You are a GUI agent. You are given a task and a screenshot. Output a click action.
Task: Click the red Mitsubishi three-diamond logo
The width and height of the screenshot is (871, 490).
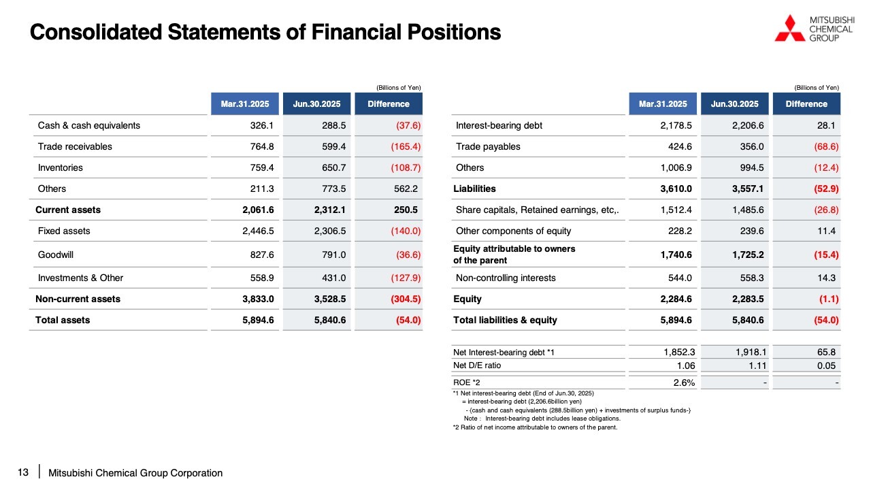pyautogui.click(x=790, y=28)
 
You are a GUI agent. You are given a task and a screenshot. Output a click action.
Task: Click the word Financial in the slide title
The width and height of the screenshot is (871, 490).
pyautogui.click(x=356, y=32)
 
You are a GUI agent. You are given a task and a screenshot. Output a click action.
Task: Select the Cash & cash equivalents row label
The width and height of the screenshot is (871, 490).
pyautogui.click(x=88, y=125)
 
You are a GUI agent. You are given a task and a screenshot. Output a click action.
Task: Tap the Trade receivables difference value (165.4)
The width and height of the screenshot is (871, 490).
pyautogui.click(x=406, y=146)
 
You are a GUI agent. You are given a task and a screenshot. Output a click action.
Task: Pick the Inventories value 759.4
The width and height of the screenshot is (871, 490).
pyautogui.click(x=262, y=167)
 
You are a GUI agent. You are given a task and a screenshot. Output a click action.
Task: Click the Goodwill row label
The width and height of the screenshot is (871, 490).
pyautogui.click(x=56, y=255)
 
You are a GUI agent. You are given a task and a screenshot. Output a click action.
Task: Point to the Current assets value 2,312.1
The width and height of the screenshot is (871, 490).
pyautogui.click(x=329, y=210)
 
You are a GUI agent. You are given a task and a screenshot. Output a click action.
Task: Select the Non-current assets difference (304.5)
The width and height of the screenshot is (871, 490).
pyautogui.click(x=406, y=299)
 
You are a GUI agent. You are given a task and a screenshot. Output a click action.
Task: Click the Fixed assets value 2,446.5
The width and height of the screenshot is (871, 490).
pyautogui.click(x=258, y=231)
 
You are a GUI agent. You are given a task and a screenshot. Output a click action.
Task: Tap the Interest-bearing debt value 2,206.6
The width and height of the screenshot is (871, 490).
pyautogui.click(x=748, y=125)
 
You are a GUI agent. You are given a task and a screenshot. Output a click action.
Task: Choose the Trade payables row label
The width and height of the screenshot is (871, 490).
pyautogui.click(x=488, y=146)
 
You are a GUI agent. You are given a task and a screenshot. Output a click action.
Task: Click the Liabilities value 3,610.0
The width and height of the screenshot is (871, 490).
pyautogui.click(x=676, y=189)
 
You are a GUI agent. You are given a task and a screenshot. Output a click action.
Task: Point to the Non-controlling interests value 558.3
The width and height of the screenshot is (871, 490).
pyautogui.click(x=752, y=278)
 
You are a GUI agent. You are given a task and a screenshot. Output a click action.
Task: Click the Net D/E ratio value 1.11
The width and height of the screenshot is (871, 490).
pyautogui.click(x=757, y=365)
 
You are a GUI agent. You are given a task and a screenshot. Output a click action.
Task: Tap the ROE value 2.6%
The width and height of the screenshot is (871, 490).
pyautogui.click(x=684, y=382)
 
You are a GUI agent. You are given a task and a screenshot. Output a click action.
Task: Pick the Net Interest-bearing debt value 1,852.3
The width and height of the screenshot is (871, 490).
pyautogui.click(x=679, y=352)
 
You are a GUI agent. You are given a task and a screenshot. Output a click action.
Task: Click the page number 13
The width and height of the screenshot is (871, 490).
pyautogui.click(x=23, y=472)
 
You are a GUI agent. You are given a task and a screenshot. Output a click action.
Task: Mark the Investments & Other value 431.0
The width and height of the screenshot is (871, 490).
pyautogui.click(x=333, y=278)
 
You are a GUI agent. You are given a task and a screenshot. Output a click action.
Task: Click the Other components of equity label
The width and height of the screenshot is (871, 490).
pyautogui.click(x=513, y=231)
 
